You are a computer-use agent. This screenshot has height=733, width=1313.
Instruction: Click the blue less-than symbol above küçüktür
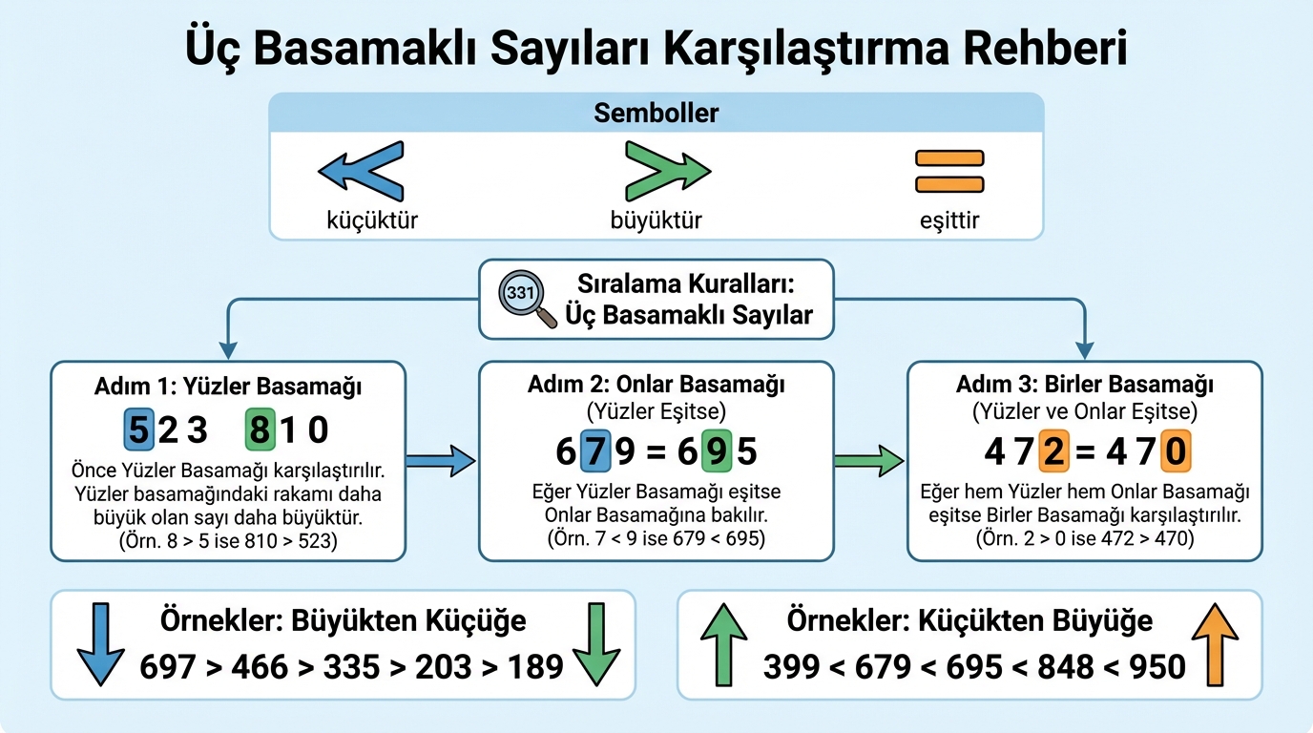pyautogui.click(x=361, y=171)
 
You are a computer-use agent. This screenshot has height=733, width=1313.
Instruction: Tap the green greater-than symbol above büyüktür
pyautogui.click(x=665, y=171)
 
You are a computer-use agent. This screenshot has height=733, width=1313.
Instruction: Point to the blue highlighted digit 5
pyautogui.click(x=139, y=429)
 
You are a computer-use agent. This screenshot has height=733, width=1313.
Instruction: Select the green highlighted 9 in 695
pyautogui.click(x=716, y=450)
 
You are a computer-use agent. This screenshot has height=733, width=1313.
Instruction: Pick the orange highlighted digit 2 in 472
pyautogui.click(x=1052, y=450)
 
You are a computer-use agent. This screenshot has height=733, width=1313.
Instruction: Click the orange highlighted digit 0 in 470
pyautogui.click(x=1174, y=450)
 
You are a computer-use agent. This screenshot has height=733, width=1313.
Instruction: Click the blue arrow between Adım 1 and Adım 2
pyautogui.click(x=440, y=462)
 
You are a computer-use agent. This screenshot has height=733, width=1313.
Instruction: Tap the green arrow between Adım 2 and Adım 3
pyautogui.click(x=868, y=462)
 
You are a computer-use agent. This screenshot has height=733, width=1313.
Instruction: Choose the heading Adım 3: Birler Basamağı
pyautogui.click(x=1085, y=386)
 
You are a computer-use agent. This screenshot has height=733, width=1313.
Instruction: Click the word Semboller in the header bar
pyautogui.click(x=656, y=114)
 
